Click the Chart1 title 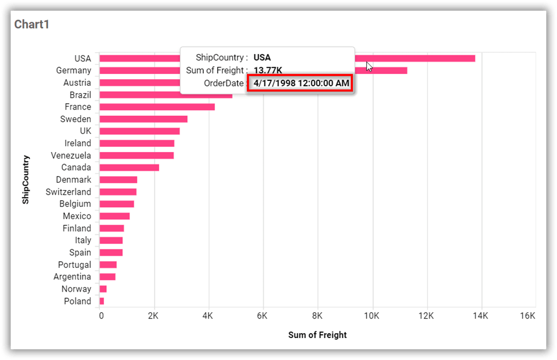click(x=32, y=24)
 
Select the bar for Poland click(x=102, y=301)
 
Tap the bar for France click(x=157, y=107)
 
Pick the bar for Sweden click(x=143, y=119)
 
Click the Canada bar click(x=129, y=168)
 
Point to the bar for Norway click(x=103, y=289)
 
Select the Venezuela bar click(x=136, y=155)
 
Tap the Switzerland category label click(x=68, y=192)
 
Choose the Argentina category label click(x=72, y=277)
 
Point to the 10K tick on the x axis click(x=372, y=316)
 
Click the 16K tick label click(x=527, y=316)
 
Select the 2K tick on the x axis click(x=153, y=316)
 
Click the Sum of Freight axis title click(x=317, y=335)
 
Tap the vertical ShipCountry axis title click(x=26, y=179)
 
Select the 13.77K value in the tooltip click(x=268, y=71)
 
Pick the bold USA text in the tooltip click(x=262, y=58)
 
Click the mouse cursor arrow click(x=370, y=66)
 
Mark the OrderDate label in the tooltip click(x=223, y=83)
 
